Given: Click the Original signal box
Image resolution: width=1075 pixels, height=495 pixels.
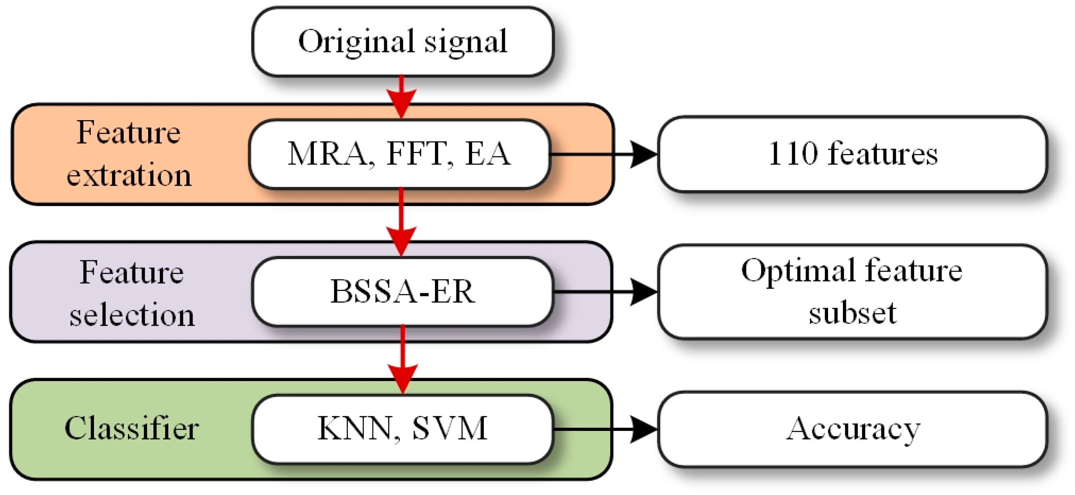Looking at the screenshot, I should pyautogui.click(x=402, y=42).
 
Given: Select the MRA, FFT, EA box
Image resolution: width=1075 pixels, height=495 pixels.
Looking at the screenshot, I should pyautogui.click(x=399, y=154).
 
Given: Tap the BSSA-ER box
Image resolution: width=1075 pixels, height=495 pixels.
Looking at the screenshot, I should pyautogui.click(x=402, y=291).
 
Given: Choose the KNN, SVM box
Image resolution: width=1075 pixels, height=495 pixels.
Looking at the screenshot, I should pyautogui.click(x=402, y=428).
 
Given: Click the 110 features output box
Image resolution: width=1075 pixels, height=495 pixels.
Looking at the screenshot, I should pyautogui.click(x=852, y=154).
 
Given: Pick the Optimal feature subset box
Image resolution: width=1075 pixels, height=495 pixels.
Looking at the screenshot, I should pyautogui.click(x=852, y=291).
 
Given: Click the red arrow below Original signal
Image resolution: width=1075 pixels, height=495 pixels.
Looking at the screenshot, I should pyautogui.click(x=401, y=98).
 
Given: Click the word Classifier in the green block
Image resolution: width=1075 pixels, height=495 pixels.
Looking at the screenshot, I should pyautogui.click(x=132, y=428).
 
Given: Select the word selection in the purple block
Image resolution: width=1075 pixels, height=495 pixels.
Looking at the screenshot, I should pyautogui.click(x=132, y=315).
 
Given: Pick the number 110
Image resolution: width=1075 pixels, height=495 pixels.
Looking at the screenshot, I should pyautogui.click(x=793, y=154).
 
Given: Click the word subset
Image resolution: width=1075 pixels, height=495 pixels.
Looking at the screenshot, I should pyautogui.click(x=852, y=313).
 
